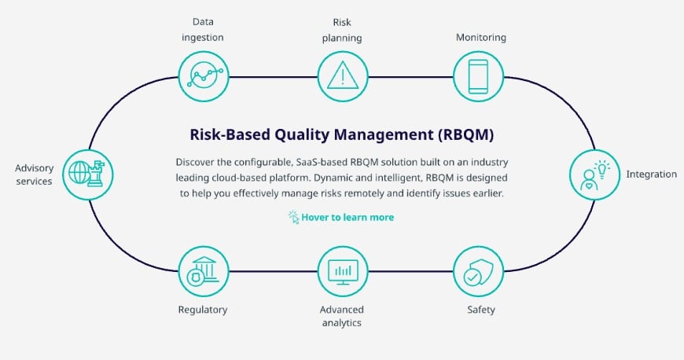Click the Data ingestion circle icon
[x=203, y=75]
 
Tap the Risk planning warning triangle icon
[x=342, y=75]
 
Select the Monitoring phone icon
[x=478, y=75]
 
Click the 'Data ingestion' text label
[x=203, y=29]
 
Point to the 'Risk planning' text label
[x=342, y=29]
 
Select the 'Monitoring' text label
[x=480, y=37]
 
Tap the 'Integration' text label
[x=651, y=174]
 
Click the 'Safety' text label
[x=480, y=310]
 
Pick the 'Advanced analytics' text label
[x=342, y=315]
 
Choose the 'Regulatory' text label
[x=203, y=310]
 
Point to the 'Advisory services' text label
[x=33, y=174]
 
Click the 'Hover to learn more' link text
[x=348, y=217]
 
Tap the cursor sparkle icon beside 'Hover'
[x=294, y=217]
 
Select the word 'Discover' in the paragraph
[x=197, y=161]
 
